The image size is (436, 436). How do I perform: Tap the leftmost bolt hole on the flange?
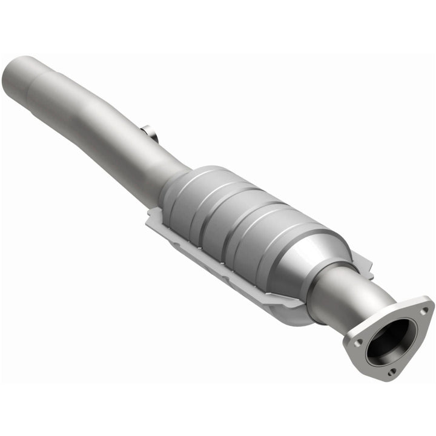point(359,342)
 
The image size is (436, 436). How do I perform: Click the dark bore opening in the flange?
point(389,340)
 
